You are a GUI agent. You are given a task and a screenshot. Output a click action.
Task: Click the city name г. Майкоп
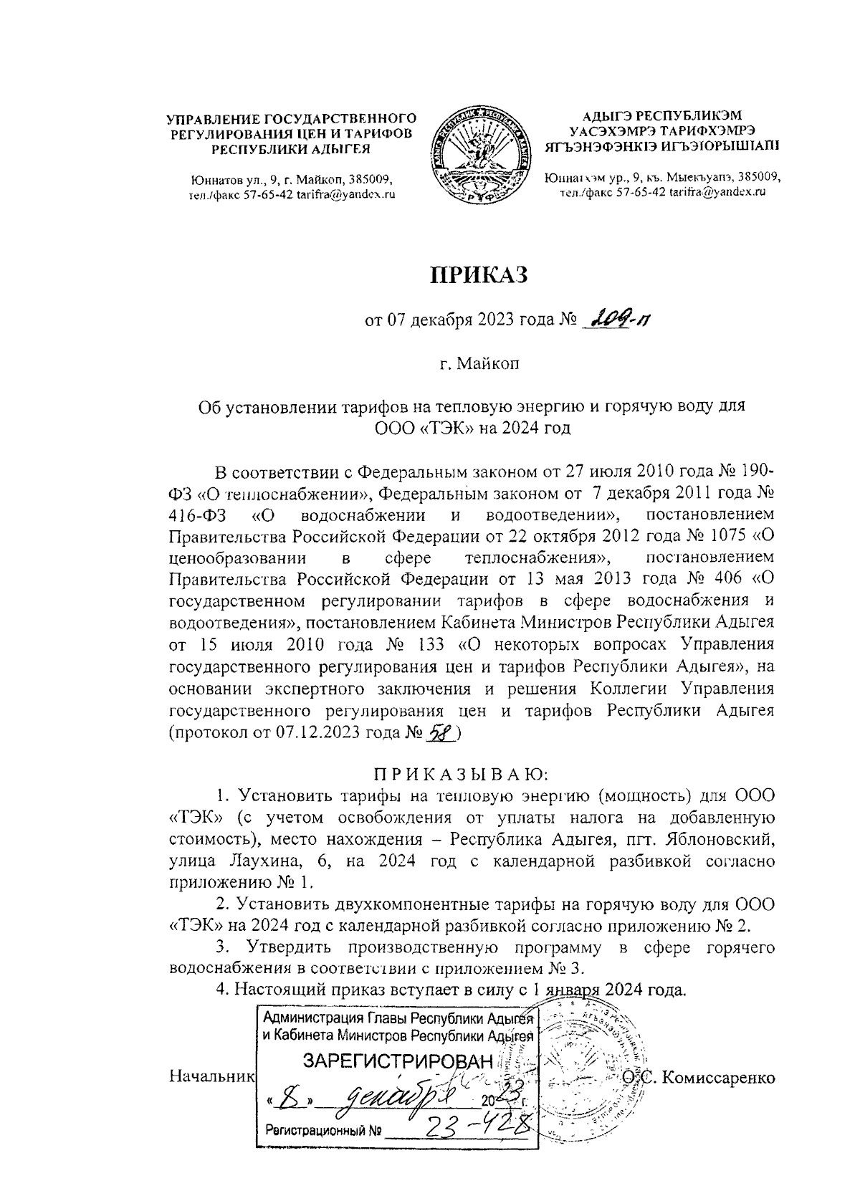click(x=478, y=364)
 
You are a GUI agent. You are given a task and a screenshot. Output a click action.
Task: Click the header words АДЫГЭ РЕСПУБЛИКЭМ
click(x=661, y=115)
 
